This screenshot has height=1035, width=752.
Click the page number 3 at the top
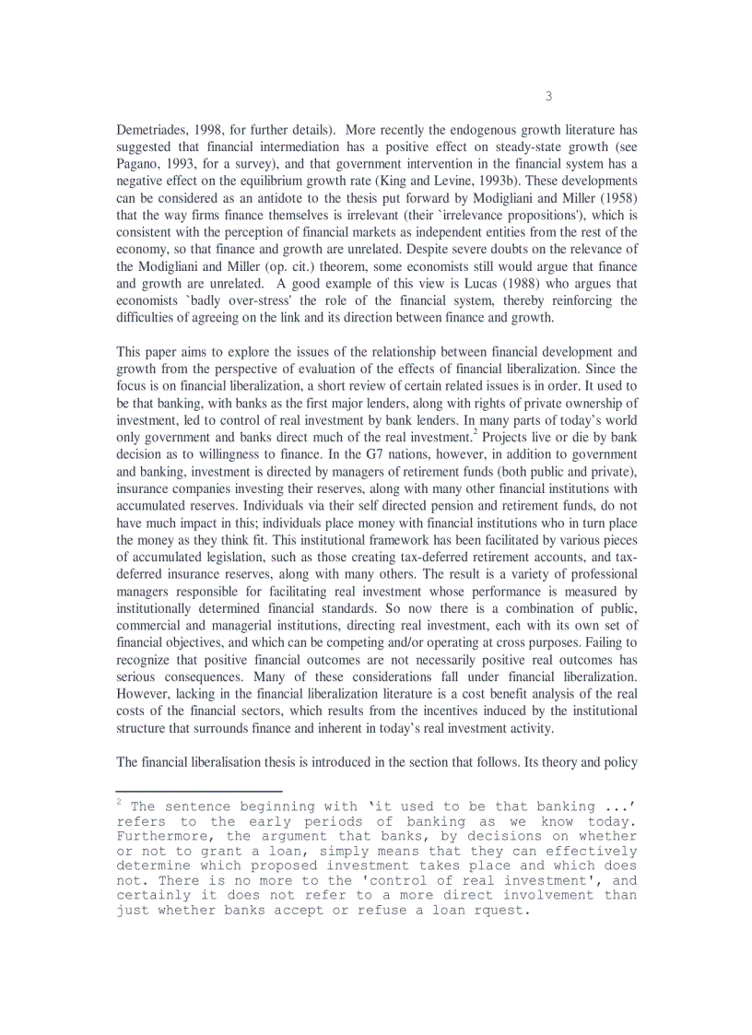coord(548,96)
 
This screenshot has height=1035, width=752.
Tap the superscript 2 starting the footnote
coord(120,802)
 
